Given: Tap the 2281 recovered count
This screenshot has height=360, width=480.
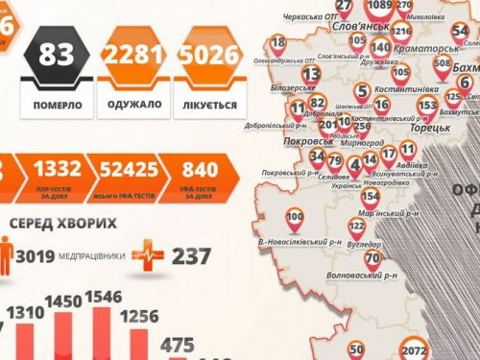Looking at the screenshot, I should [132, 57].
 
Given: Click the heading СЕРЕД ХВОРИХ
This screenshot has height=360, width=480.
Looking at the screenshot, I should [63, 224].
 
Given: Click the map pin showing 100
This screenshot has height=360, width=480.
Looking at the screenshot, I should [295, 219].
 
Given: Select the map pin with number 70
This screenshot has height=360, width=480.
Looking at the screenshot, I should [372, 258].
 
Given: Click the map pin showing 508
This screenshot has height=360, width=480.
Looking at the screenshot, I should [442, 65].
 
